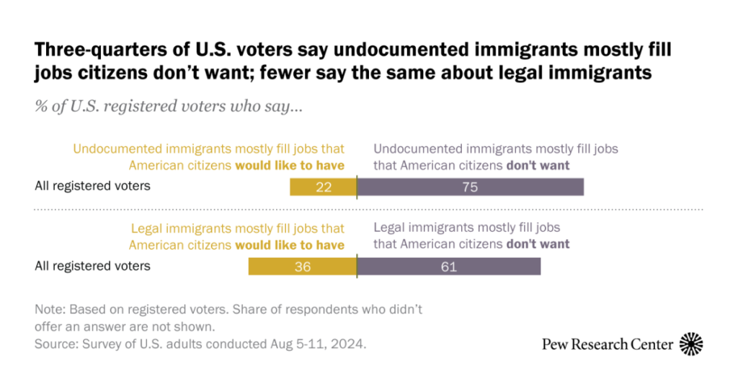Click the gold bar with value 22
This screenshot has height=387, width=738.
(323, 186)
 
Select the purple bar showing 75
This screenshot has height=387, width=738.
(470, 186)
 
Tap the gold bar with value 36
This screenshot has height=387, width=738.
(303, 266)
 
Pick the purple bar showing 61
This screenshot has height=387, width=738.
(448, 266)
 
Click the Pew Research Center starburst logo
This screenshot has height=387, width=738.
(692, 344)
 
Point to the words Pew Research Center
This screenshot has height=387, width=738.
(608, 344)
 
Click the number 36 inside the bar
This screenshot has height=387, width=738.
(303, 266)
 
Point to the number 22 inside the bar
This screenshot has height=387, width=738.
(324, 186)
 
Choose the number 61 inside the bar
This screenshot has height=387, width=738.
(449, 266)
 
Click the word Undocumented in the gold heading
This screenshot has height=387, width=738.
(112, 149)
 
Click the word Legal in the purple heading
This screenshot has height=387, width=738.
(390, 228)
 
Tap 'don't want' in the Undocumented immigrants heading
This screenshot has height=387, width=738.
(538, 165)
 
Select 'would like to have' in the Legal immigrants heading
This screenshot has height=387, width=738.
(290, 245)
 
